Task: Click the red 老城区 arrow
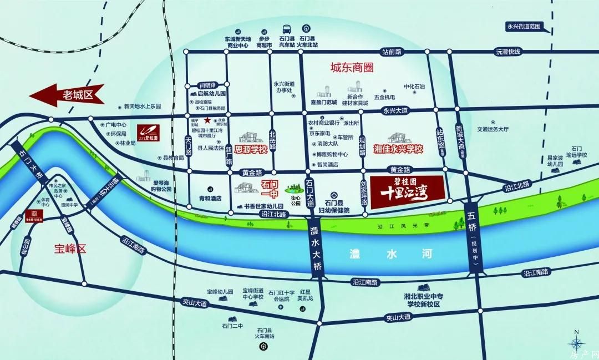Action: (x=67, y=95)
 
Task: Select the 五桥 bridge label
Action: (x=473, y=233)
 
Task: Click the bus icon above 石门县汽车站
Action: (x=286, y=29)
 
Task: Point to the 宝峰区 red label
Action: (x=72, y=248)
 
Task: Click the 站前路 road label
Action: (x=392, y=52)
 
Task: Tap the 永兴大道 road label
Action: (x=395, y=110)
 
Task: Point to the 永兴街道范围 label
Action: (x=523, y=26)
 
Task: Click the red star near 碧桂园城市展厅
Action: (x=207, y=120)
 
